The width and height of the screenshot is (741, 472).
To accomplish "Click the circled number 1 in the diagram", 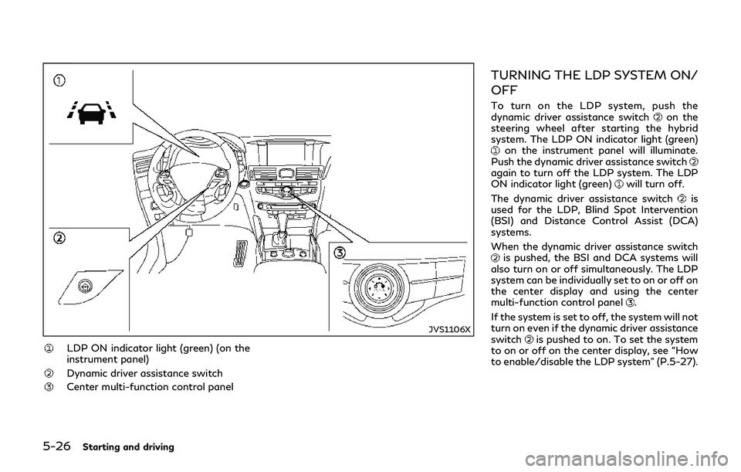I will (x=59, y=80).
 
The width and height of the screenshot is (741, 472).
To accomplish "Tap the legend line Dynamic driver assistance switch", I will (x=145, y=373).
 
